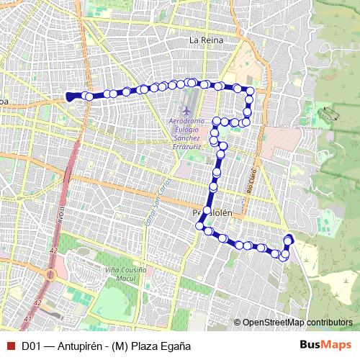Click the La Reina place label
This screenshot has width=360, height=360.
[x=207, y=41]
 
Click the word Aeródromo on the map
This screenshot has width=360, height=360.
[x=188, y=120]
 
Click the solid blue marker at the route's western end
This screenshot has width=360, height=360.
[x=70, y=96]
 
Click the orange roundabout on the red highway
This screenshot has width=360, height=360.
[x=50, y=274]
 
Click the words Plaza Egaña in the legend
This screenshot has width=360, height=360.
[x=163, y=346]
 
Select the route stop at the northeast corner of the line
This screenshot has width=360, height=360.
[x=250, y=90]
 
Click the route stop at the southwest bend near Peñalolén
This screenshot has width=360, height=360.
[x=199, y=225]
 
